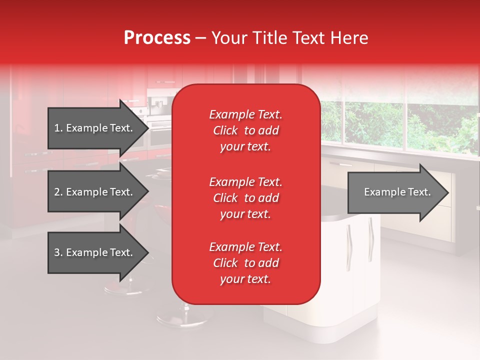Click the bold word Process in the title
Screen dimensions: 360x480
pos(157,38)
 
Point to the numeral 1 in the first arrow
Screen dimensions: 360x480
pos(57,128)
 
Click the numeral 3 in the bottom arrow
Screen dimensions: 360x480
pos(57,252)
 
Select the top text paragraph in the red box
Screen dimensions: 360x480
pos(245,130)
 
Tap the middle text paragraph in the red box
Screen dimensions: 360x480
pos(245,198)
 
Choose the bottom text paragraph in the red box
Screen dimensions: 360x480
pos(245,263)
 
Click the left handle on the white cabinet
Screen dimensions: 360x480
pos(348,240)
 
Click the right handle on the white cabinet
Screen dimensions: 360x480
pos(370,233)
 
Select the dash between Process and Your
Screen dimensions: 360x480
pos(200,38)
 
